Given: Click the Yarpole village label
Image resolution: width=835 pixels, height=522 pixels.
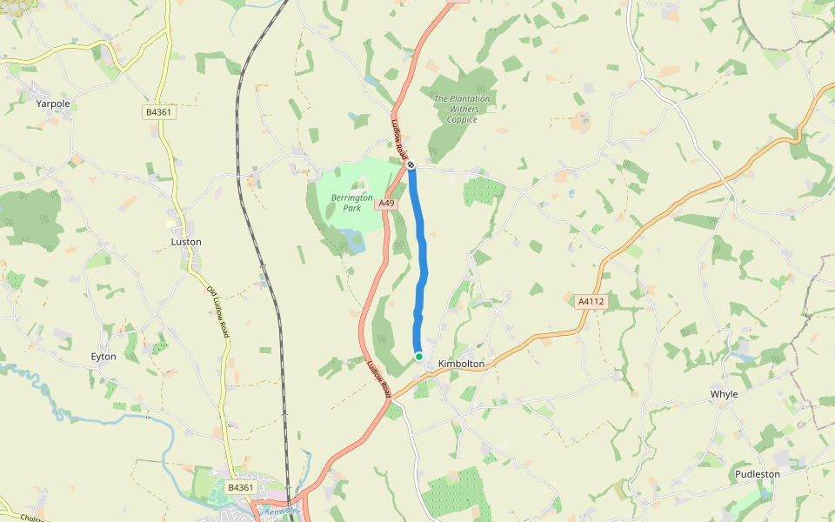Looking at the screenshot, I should coord(53,104).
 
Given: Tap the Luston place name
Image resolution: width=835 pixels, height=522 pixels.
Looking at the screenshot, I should coord(186,242).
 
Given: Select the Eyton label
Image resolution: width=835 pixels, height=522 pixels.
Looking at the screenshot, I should coord(104,357).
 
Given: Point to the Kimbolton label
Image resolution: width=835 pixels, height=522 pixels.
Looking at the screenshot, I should coord(461,364).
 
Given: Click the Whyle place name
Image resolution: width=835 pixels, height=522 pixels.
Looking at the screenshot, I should coord(724,394).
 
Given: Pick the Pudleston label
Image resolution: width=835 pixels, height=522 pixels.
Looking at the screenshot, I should coord(757,474).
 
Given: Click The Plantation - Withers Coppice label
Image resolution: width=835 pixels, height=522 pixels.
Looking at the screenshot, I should coord(462,109).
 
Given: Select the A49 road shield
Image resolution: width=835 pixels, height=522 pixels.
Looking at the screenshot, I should coord(387,204).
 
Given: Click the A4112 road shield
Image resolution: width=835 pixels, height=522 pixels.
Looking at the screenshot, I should coord(591,302).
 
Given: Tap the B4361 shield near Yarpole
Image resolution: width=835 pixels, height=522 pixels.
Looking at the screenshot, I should coord(158,112).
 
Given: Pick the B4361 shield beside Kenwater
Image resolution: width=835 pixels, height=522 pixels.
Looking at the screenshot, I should coord(240,488).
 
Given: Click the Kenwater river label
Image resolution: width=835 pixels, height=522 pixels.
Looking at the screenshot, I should coord(282,511).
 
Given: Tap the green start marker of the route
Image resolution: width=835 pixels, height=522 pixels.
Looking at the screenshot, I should coord(418,357).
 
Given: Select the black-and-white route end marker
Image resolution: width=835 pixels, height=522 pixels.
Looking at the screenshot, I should coord(411,164).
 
